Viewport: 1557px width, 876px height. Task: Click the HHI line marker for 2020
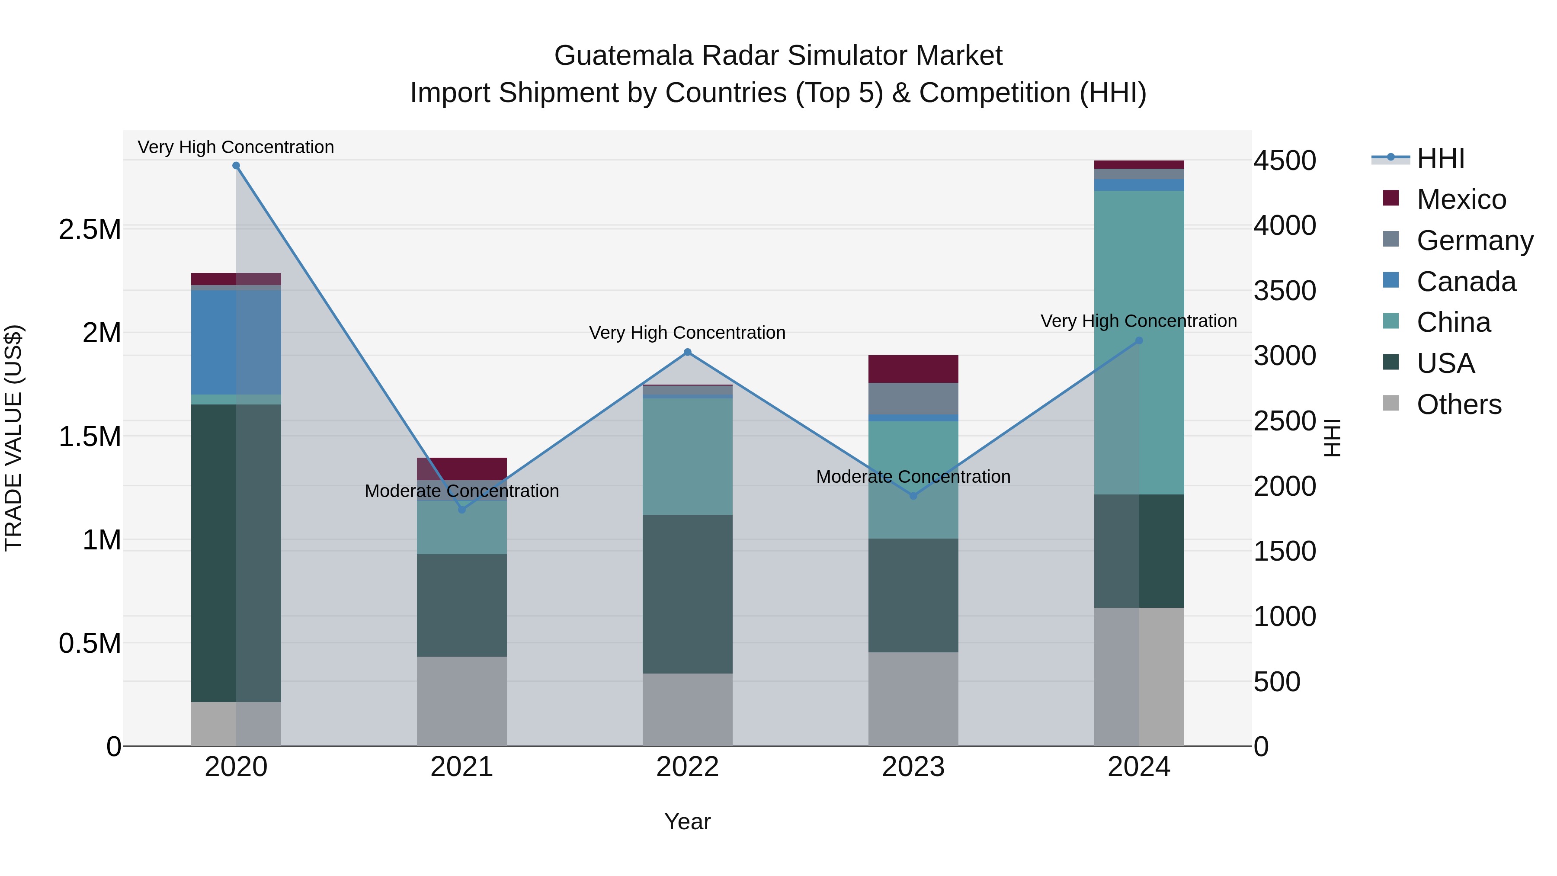(x=236, y=166)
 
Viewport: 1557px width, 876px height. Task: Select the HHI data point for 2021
(x=462, y=510)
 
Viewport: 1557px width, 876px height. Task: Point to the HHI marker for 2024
(x=1139, y=340)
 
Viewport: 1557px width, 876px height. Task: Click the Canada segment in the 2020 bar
(x=236, y=342)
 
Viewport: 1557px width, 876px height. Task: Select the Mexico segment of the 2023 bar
(x=913, y=369)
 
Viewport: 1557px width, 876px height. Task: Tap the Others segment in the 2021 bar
(x=462, y=701)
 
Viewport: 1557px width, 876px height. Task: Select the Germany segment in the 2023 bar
(x=913, y=398)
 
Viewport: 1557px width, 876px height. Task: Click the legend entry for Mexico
(x=1461, y=199)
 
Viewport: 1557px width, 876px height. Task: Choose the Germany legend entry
(x=1474, y=241)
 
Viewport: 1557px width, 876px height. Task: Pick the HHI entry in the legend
(x=1440, y=158)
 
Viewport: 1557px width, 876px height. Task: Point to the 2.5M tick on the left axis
(x=90, y=230)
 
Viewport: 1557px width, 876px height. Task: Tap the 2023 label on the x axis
(x=913, y=767)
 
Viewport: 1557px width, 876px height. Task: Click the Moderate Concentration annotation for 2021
(x=462, y=491)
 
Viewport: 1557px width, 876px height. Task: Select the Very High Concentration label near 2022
(x=687, y=333)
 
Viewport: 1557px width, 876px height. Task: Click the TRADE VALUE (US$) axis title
(x=13, y=438)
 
